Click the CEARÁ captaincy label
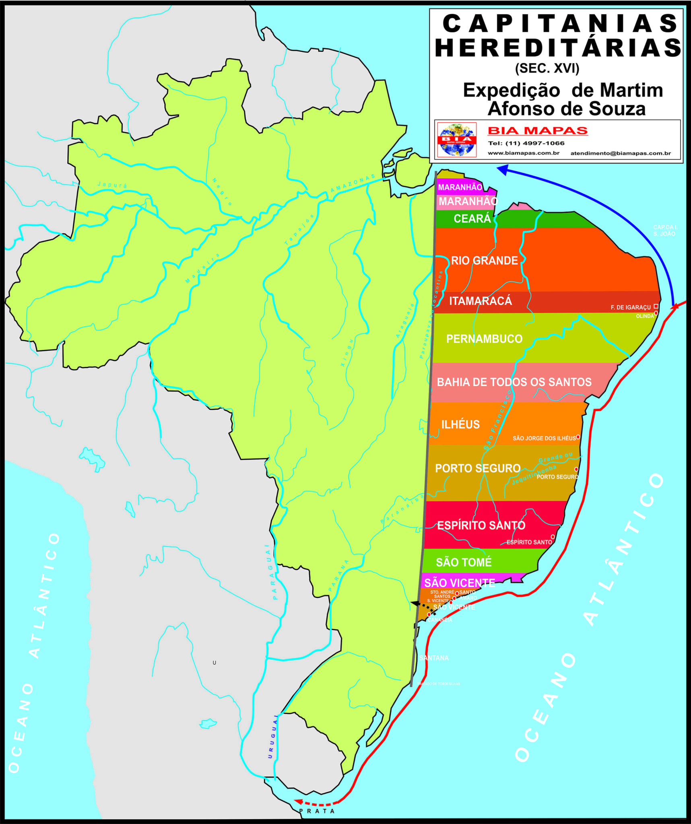point(472,218)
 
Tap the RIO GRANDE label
point(484,261)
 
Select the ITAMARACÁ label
point(481,301)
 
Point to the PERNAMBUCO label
point(484,339)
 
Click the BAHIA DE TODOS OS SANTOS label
point(514,382)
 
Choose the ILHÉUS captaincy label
point(460,424)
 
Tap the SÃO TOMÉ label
point(464,562)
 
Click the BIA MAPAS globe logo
point(457,140)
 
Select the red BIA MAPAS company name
point(538,131)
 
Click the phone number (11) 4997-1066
point(526,143)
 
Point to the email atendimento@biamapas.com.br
point(620,153)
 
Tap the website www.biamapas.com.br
point(523,153)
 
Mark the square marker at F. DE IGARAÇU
point(656,306)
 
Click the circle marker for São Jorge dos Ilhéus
point(578,437)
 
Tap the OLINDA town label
point(645,316)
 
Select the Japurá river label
point(112,185)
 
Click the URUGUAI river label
point(272,736)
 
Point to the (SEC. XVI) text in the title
point(547,68)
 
